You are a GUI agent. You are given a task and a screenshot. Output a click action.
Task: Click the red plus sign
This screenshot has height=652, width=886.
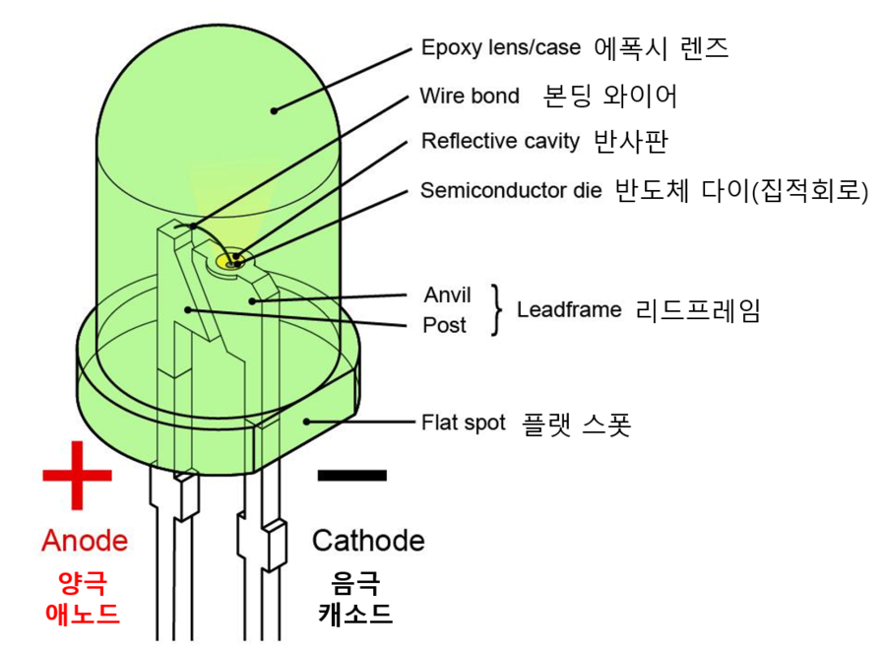tap(77, 475)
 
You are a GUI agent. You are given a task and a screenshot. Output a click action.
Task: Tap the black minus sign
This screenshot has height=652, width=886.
tap(352, 475)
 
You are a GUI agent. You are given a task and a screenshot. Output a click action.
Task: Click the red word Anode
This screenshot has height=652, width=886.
tap(85, 541)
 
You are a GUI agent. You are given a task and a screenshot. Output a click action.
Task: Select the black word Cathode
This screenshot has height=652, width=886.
tap(368, 541)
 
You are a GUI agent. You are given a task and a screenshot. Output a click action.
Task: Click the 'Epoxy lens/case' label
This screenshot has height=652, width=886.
tap(501, 47)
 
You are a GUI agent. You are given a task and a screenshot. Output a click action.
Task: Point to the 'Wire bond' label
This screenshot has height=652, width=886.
tap(470, 97)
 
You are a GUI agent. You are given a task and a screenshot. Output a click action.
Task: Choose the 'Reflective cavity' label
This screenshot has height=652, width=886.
tap(500, 141)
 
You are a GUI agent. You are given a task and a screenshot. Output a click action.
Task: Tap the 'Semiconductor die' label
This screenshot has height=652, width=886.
tap(511, 190)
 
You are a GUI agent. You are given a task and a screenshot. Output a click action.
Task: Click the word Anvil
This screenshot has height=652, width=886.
tap(447, 295)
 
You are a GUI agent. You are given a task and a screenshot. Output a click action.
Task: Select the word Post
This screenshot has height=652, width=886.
tap(443, 325)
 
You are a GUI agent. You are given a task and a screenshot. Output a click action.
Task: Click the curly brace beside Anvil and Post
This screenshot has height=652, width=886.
tap(498, 310)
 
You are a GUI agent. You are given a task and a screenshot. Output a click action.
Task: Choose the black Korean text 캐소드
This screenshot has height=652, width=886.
tap(354, 614)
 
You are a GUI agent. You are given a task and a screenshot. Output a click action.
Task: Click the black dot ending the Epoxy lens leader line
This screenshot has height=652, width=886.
tap(275, 109)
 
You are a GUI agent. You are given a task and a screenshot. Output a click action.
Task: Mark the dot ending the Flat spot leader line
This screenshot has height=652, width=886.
tap(307, 422)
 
